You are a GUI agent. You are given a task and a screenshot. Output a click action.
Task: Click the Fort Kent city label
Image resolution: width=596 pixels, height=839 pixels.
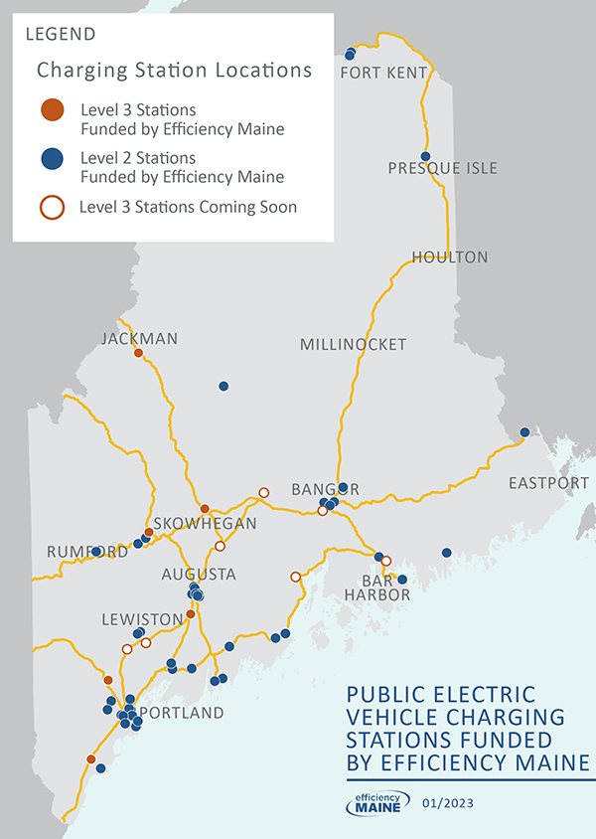(x=383, y=74)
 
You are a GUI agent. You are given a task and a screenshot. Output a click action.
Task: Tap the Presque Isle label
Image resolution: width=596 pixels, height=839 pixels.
(x=443, y=168)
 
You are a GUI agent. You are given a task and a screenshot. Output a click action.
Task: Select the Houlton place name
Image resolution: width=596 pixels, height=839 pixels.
(x=450, y=257)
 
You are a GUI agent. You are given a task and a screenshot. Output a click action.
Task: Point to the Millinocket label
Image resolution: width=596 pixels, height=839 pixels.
(x=354, y=345)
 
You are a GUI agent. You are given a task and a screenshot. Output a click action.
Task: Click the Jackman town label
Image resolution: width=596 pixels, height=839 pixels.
(x=140, y=339)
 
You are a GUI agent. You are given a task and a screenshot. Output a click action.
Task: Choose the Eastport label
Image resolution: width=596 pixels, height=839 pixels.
(x=548, y=483)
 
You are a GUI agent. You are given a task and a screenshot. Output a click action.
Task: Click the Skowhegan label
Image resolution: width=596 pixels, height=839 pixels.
(x=206, y=524)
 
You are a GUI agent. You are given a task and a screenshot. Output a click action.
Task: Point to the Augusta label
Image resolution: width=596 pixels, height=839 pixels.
(x=200, y=575)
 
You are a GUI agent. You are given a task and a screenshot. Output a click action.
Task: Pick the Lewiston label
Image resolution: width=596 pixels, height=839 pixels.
(x=143, y=619)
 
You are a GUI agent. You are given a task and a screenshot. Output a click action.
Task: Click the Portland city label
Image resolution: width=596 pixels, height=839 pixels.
(x=182, y=714)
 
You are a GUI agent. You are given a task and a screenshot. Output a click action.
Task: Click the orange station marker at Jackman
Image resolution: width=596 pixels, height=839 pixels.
(x=139, y=353)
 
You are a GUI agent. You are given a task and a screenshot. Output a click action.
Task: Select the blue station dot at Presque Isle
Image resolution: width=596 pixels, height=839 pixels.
(x=425, y=156)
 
